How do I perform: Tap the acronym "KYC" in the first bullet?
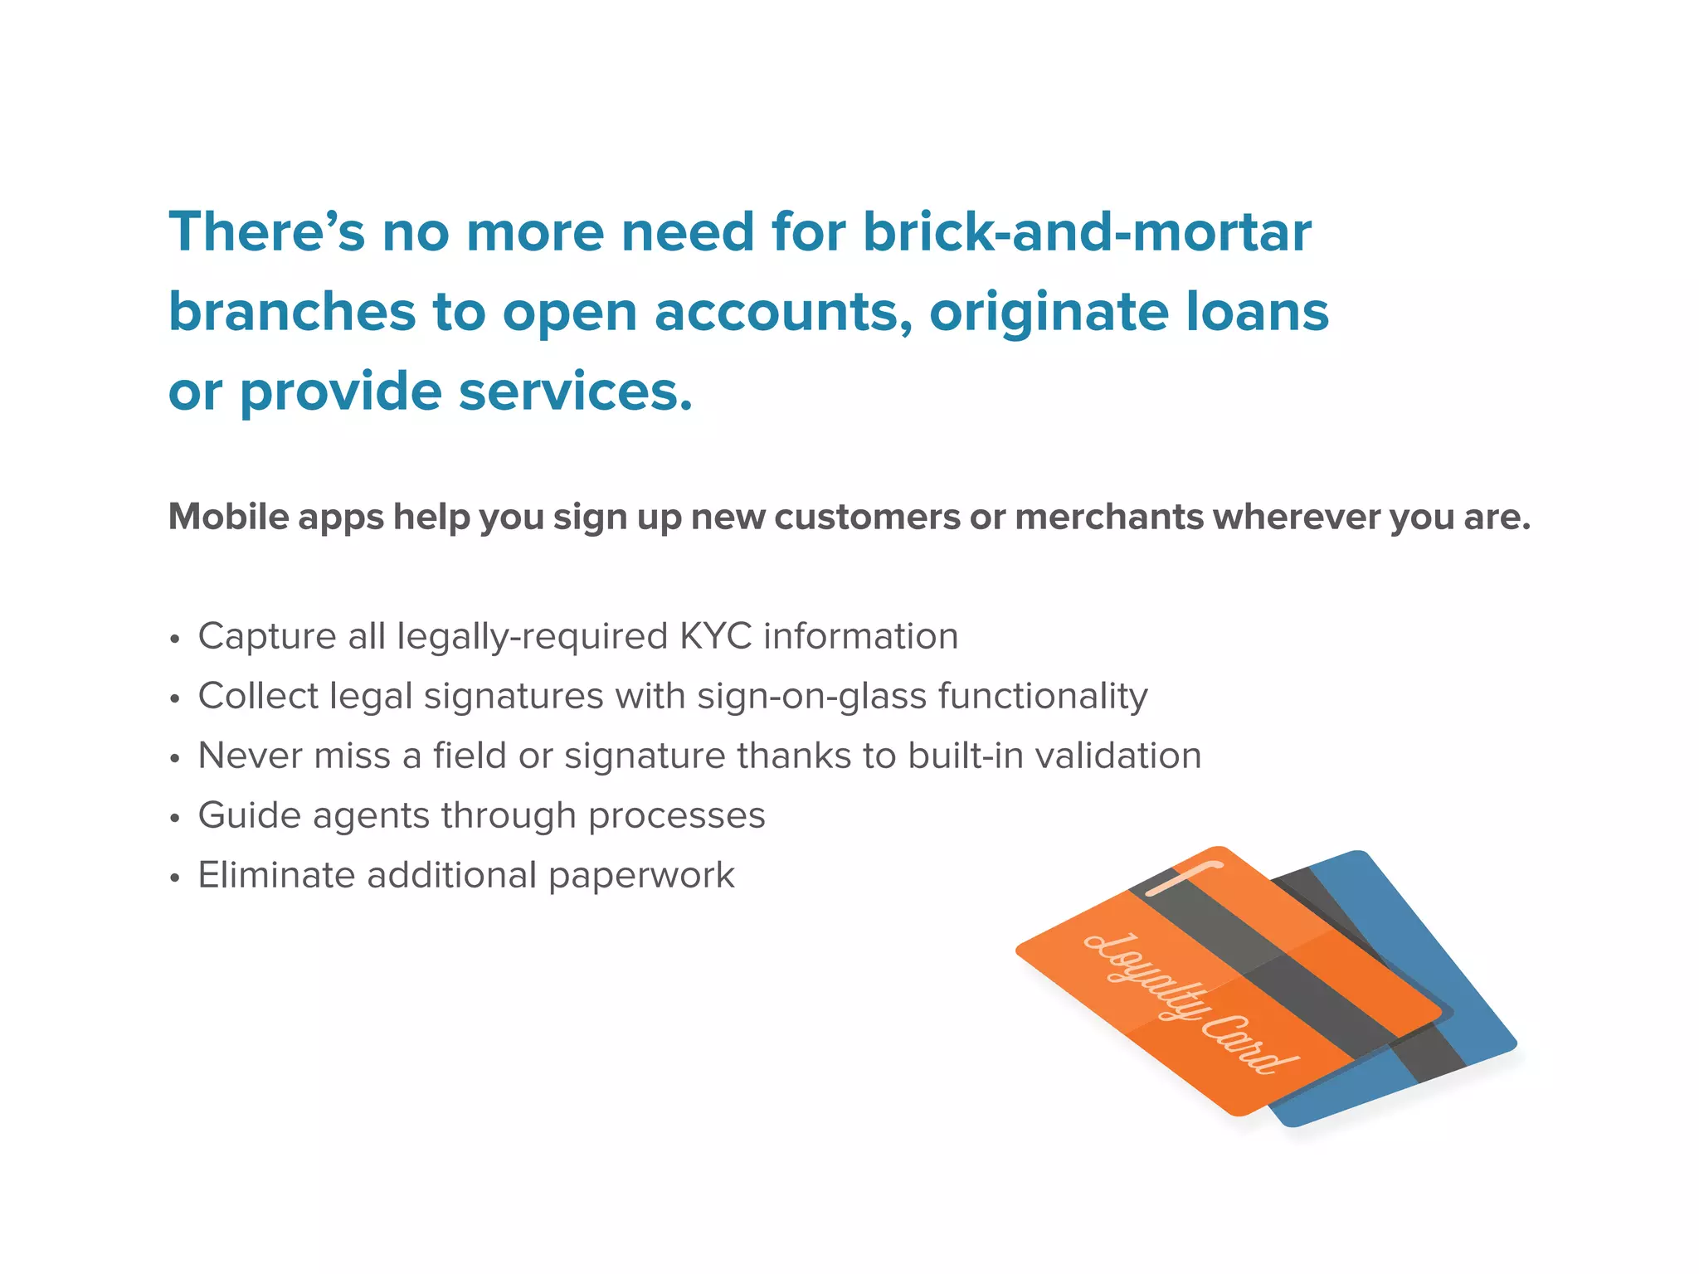point(715,636)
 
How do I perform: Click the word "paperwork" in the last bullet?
point(641,875)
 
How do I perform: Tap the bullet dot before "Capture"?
point(174,639)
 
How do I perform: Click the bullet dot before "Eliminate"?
point(174,878)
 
